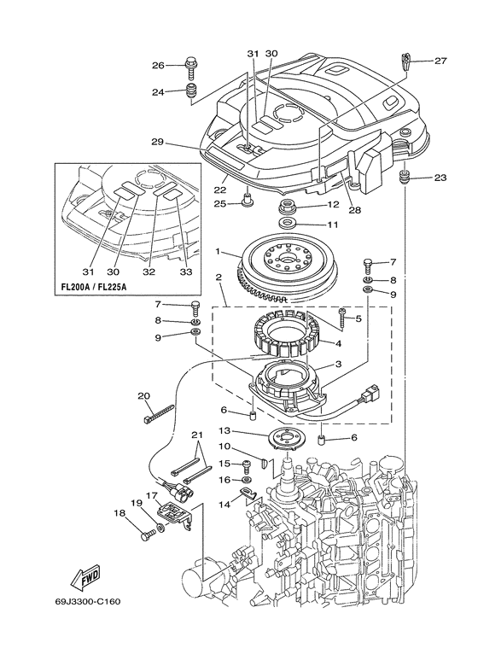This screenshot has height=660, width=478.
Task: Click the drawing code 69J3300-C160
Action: click(88, 602)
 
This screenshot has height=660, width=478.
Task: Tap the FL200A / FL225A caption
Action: click(90, 287)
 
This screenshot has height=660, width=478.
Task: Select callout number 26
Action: click(157, 65)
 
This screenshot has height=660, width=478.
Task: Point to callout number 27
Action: click(440, 61)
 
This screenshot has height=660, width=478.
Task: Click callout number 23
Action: click(440, 178)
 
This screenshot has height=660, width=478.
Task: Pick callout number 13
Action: click(224, 430)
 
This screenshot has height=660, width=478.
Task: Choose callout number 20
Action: click(144, 395)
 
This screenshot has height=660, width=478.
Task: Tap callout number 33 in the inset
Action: click(185, 272)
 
